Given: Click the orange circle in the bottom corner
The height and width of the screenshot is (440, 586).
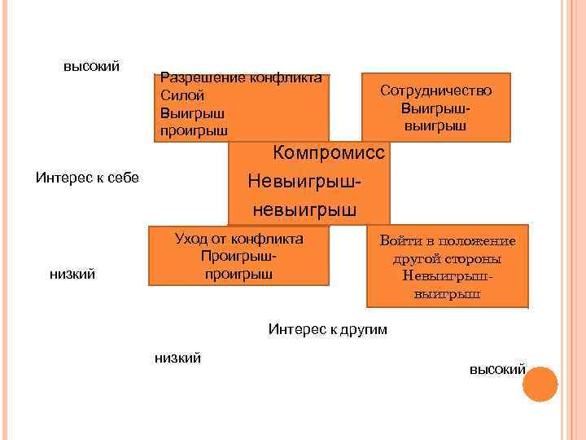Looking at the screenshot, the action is (x=540, y=384).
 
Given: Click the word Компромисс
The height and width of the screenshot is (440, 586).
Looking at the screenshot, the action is (x=330, y=152).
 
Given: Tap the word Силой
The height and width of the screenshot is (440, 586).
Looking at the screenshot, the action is (x=180, y=95).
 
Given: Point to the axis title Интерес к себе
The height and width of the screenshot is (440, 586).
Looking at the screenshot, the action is (x=88, y=177).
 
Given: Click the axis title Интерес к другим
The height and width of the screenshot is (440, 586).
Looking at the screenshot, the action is (x=328, y=329).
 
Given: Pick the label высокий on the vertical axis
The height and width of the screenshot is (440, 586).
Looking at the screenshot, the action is (x=92, y=65).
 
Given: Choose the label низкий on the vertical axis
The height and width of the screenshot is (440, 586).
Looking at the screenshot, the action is (x=73, y=275).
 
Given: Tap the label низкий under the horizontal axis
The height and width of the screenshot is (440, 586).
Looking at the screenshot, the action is (x=177, y=358).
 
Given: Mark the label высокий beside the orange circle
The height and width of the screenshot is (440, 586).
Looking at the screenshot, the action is (x=496, y=369).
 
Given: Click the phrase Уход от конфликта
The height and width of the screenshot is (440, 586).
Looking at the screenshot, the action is (x=238, y=239).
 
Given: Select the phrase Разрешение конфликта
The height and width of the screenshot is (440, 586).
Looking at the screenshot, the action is (x=242, y=78).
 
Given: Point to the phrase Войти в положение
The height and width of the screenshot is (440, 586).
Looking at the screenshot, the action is (x=448, y=241).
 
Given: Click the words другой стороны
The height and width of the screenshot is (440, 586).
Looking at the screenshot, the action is (x=447, y=259).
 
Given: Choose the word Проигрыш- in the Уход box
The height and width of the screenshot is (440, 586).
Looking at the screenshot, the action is (x=238, y=257).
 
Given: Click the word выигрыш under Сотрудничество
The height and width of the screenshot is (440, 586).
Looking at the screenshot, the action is (x=435, y=125).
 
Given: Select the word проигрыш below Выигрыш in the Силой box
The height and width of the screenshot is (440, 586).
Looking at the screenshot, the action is (x=195, y=130).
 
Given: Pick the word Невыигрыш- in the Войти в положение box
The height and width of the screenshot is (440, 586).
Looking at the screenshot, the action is (x=447, y=276).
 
